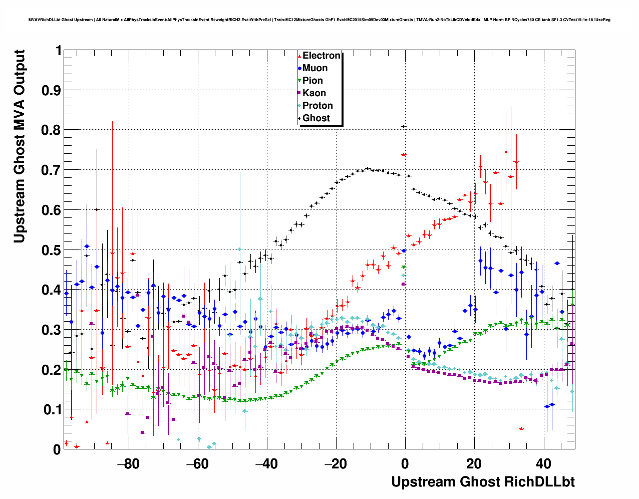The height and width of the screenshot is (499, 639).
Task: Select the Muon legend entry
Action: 314,68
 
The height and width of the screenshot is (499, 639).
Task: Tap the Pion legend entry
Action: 312,81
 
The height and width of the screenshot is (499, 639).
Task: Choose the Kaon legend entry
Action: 314,93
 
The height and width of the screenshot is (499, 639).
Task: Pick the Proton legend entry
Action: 317,106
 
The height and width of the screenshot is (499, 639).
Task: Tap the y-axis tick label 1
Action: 58,51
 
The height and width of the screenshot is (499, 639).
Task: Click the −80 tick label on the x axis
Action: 128,463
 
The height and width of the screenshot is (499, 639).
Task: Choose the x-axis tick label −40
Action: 266,463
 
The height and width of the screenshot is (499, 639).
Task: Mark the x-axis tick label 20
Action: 474,463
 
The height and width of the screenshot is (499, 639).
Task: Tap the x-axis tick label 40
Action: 543,463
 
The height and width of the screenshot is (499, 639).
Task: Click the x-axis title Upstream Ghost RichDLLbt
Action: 483,482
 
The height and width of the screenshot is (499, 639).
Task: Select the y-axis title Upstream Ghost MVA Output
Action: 20,146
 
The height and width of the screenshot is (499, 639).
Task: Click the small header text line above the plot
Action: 319,20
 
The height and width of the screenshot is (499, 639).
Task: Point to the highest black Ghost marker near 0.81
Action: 404,126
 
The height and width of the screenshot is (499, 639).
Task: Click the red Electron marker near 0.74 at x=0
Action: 404,155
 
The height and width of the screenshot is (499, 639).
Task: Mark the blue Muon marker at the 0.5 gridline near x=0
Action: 404,251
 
